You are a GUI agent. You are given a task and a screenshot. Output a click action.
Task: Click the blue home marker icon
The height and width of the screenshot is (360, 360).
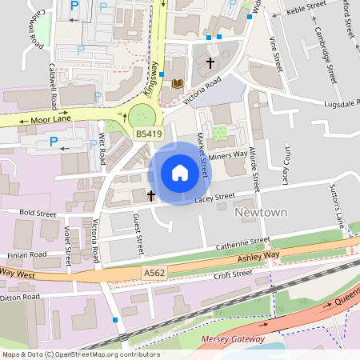pyautogui.click(x=180, y=173)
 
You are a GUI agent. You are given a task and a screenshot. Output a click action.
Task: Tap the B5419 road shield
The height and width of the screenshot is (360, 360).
pyautogui.click(x=148, y=134)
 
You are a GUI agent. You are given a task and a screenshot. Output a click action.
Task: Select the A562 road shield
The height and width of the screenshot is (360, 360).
pyautogui.click(x=154, y=274)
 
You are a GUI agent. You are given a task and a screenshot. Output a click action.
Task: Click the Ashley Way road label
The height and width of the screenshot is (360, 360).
pyautogui.click(x=258, y=256)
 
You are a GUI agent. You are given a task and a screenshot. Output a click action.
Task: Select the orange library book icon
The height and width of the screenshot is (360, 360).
pyautogui.click(x=178, y=83)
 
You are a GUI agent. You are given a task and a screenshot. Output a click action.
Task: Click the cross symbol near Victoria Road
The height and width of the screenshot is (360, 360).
pyautogui.click(x=211, y=62)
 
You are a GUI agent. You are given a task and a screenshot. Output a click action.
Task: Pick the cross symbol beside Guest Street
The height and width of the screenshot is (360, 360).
pyautogui.click(x=150, y=194)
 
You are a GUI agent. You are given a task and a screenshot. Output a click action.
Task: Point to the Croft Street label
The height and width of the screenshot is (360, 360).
pyautogui.click(x=233, y=275)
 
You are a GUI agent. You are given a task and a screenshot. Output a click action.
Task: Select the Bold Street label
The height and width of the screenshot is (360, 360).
pyautogui.click(x=38, y=214)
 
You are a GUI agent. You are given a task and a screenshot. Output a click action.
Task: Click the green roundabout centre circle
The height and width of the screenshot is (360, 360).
pyautogui.click(x=142, y=114)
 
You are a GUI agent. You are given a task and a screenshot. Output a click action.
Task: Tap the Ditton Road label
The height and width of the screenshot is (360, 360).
pyautogui.click(x=21, y=297)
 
